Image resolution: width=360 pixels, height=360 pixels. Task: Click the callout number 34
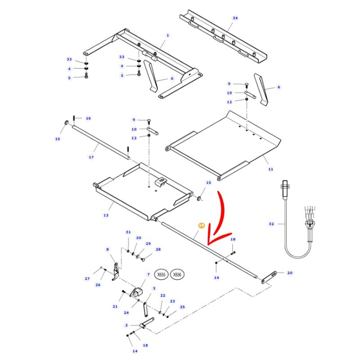click(235, 18)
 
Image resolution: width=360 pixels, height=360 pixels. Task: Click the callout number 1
click(167, 35)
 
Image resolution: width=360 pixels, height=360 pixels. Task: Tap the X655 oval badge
click(161, 274)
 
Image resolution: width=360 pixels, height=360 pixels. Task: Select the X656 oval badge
click(178, 274)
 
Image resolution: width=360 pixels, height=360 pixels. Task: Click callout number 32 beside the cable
click(271, 224)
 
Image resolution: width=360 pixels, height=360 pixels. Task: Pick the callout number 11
click(270, 169)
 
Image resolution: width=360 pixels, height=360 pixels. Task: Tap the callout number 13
click(106, 215)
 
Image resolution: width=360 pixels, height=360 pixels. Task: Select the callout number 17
click(91, 157)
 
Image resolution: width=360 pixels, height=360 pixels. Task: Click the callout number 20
click(290, 273)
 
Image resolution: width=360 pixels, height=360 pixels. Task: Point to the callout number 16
click(88, 118)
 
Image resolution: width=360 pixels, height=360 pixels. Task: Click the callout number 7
click(148, 274)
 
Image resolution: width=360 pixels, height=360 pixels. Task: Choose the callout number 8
click(108, 249)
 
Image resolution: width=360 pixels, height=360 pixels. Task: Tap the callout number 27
click(87, 279)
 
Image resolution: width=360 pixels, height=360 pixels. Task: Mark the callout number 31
click(128, 232)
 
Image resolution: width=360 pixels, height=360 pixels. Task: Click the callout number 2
click(126, 325)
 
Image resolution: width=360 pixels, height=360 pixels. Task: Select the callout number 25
click(182, 307)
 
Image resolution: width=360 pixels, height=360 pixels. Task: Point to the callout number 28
click(158, 249)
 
